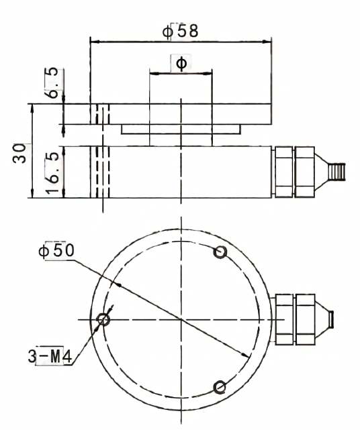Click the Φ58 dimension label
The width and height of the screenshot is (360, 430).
[180, 31]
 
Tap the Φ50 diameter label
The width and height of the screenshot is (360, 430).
[56, 250]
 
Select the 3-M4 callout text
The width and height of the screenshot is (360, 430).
[50, 356]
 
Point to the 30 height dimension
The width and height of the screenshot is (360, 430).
[19, 154]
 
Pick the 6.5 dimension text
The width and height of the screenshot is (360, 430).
[52, 83]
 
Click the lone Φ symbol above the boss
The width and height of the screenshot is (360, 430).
[181, 64]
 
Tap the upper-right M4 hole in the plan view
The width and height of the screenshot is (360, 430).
[220, 252]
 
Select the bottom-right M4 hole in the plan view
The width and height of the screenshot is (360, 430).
[220, 387]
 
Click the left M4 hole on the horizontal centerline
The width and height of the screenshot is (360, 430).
[103, 319]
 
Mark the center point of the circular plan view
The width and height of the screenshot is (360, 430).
[181, 319]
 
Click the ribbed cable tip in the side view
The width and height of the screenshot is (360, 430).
[336, 172]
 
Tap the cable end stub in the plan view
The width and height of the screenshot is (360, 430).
[331, 319]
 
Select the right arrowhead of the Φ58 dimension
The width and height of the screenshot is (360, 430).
[267, 42]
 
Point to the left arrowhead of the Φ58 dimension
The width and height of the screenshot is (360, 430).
[95, 42]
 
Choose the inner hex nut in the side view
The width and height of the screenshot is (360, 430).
[283, 172]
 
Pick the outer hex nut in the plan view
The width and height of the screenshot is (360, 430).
[306, 319]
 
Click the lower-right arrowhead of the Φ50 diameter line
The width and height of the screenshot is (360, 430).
[245, 355]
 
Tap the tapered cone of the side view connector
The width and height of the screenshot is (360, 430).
[322, 172]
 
